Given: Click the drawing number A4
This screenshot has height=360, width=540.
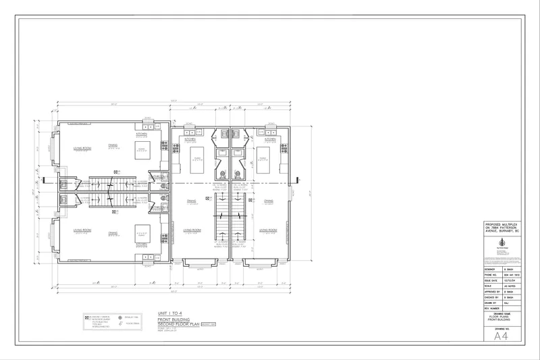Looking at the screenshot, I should (500, 335).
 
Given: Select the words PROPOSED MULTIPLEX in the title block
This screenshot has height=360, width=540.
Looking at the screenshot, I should (500, 223).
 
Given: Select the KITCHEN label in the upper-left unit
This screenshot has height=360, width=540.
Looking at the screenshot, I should (142, 134).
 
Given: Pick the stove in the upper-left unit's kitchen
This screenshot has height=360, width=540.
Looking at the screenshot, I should (164, 145).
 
